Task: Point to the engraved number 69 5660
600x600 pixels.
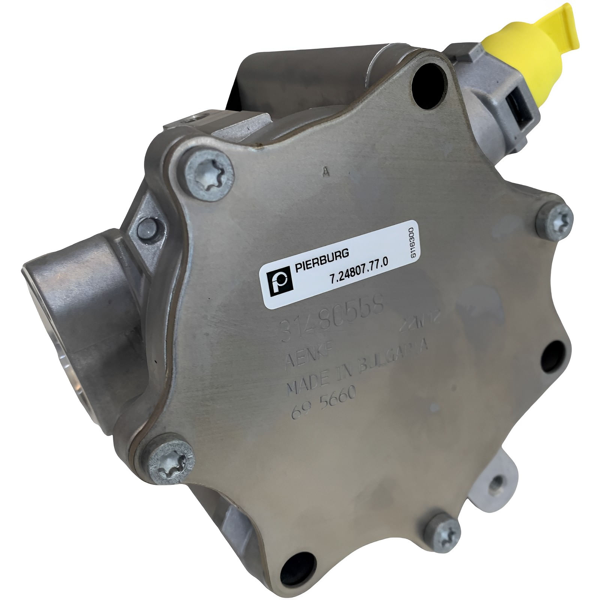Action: [323, 400]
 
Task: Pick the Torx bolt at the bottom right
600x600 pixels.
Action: [448, 532]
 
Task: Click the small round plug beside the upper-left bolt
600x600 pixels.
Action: [148, 229]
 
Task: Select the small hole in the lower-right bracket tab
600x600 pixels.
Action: [499, 483]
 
